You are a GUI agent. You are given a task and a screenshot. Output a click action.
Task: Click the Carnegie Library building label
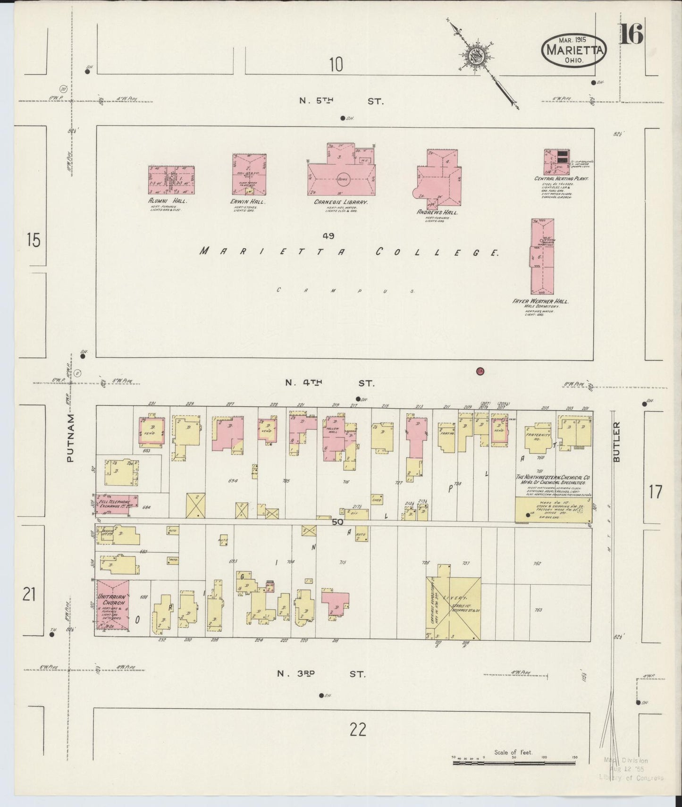[340, 202]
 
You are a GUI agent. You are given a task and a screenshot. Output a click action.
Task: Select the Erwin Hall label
[249, 202]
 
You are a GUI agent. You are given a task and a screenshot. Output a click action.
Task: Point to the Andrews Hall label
[437, 212]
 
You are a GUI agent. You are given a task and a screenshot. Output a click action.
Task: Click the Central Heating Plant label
[557, 179]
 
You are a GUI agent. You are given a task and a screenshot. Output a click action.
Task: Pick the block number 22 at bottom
[358, 730]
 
